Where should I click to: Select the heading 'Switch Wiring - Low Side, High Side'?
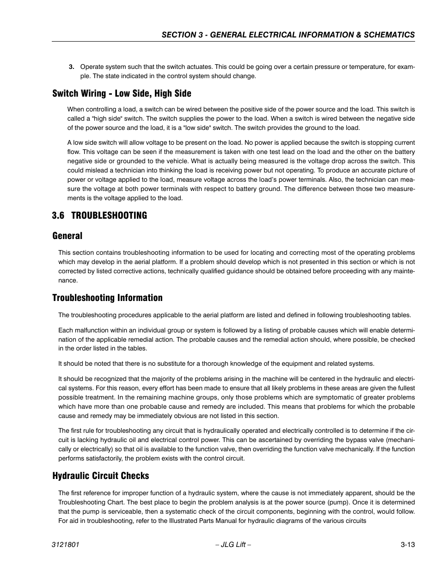(122, 93)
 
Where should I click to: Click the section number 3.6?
(57, 215)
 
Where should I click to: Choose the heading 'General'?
(67, 236)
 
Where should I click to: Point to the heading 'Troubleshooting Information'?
(107, 298)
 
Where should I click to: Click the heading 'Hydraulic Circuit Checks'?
(100, 476)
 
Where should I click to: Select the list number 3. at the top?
(72, 67)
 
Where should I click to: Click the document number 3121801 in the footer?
(66, 545)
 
